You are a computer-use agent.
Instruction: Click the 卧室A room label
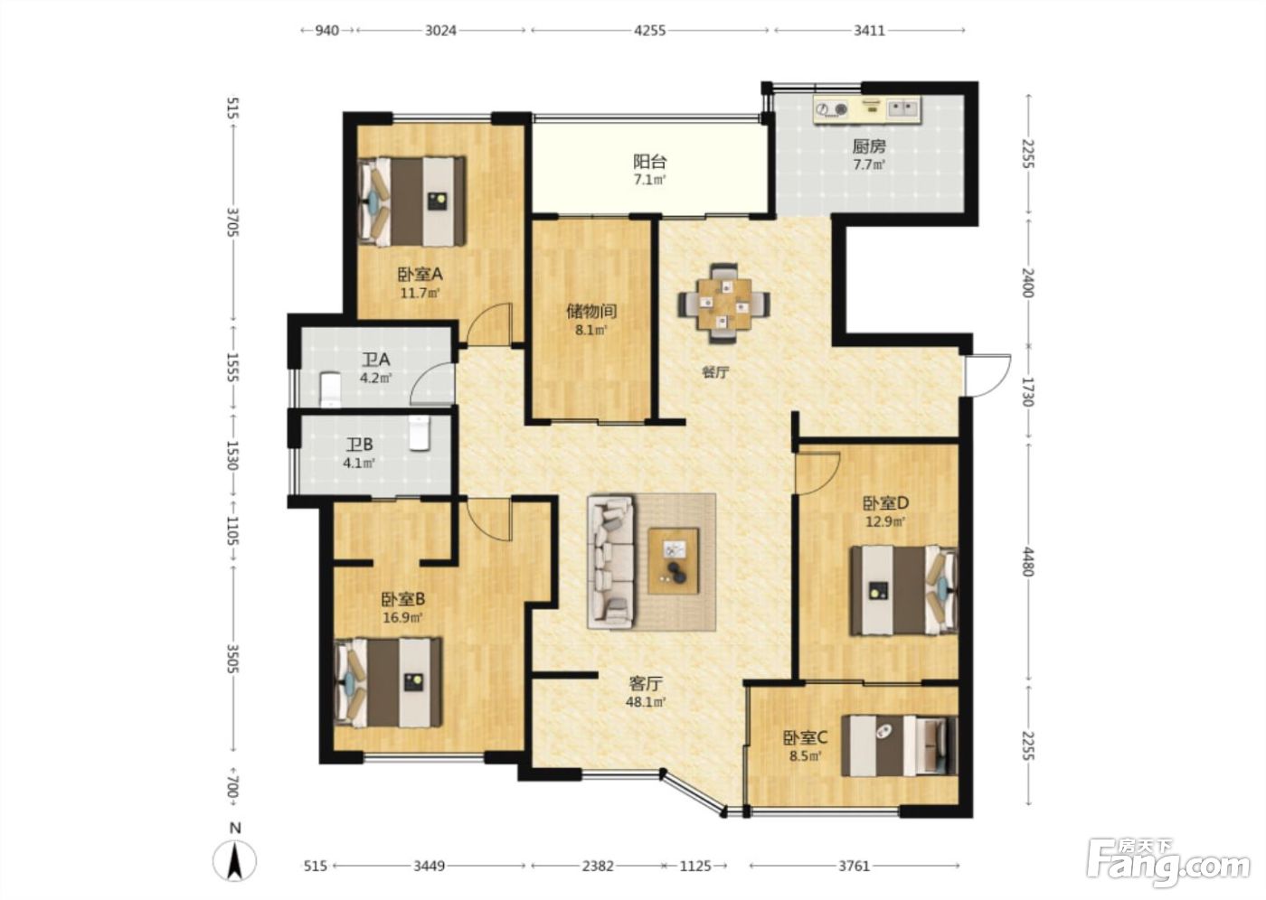(420, 275)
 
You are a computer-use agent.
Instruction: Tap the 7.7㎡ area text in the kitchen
(869, 165)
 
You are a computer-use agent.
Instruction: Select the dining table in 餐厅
(724, 304)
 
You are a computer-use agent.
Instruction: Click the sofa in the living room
(611, 561)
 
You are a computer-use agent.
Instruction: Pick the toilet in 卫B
(420, 433)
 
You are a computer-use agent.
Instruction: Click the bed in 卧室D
(903, 590)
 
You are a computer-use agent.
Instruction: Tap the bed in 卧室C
(899, 745)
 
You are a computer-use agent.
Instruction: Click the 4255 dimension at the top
(649, 31)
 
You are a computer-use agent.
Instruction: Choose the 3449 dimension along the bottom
(430, 866)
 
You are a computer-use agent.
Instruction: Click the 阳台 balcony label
(649, 162)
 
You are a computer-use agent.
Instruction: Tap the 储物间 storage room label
(591, 311)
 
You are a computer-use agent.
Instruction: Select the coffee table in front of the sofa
(673, 560)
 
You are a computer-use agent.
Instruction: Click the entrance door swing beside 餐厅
(987, 375)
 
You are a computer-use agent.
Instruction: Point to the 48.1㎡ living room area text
(645, 702)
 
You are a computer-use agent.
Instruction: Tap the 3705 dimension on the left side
(232, 222)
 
